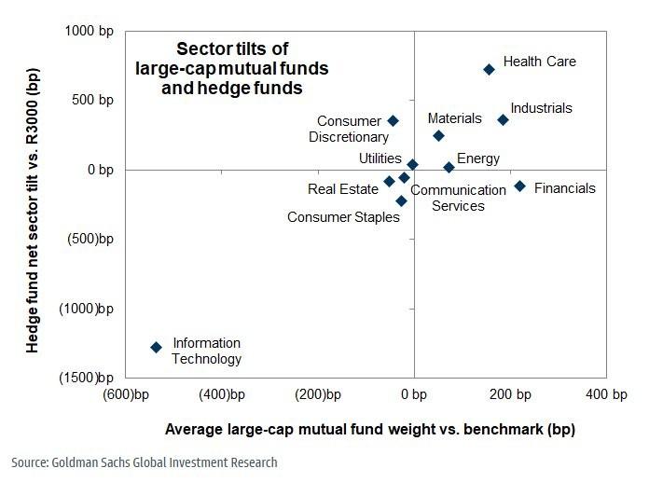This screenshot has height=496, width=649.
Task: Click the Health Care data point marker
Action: coord(489,69)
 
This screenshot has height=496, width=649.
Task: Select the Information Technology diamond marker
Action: coord(156,347)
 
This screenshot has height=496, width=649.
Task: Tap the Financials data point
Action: coord(519,186)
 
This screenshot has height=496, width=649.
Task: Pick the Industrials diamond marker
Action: coord(503,119)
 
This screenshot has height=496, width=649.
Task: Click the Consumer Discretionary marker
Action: coord(393,121)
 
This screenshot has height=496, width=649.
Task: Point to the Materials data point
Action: coord(438,135)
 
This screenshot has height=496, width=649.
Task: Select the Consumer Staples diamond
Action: coord(401,200)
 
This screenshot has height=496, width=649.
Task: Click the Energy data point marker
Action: coord(449,168)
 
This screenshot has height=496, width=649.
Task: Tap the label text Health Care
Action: coord(539,62)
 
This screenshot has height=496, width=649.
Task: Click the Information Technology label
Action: coord(207,351)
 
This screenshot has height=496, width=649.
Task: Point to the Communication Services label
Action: coord(458,198)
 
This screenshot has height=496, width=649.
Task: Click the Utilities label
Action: coord(380,158)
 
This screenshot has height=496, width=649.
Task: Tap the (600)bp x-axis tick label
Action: coord(127,395)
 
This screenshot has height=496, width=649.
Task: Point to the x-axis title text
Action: coord(369,430)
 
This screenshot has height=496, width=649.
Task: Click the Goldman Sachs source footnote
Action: coord(145,462)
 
